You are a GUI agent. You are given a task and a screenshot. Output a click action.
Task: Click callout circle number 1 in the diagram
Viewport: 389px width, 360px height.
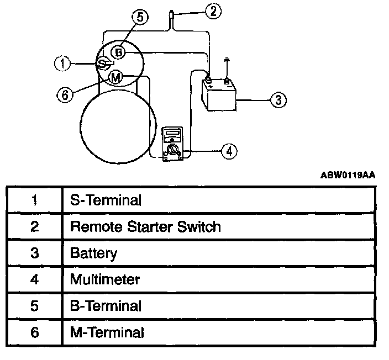point(62,63)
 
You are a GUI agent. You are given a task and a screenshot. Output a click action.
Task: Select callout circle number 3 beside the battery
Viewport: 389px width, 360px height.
point(278,100)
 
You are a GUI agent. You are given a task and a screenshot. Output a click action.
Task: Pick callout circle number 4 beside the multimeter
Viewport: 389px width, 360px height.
point(228,151)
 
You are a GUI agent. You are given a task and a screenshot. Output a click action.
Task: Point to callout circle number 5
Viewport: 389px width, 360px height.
point(140,18)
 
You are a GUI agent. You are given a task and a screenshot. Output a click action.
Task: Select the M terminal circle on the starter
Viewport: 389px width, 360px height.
point(115,78)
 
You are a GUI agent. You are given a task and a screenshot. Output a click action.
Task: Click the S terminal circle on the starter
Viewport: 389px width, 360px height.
point(103,64)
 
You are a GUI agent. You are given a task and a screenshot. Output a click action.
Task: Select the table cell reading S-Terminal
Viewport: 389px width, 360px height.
point(106,200)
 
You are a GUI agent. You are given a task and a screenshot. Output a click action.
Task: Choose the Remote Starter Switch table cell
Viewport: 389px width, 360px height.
point(145,226)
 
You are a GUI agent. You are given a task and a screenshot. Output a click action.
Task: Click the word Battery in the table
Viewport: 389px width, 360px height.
point(93,253)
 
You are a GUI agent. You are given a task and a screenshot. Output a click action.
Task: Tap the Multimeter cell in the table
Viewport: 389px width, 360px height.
point(104,279)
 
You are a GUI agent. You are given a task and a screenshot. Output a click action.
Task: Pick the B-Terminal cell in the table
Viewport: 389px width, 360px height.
point(106,306)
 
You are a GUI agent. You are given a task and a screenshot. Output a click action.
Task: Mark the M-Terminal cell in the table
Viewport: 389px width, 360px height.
point(107,332)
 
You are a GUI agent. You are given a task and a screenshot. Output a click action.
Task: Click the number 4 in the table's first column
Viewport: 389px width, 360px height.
point(35,279)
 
